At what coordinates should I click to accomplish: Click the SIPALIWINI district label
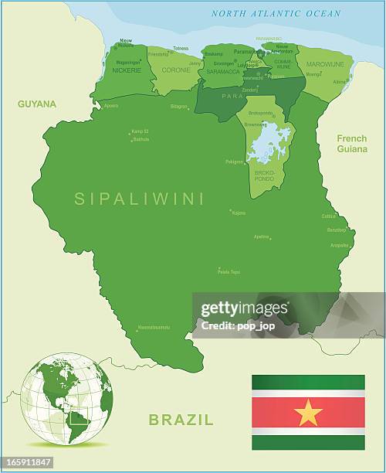(x=139, y=199)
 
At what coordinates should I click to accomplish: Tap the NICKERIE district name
(x=127, y=70)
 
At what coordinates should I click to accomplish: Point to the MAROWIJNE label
(x=325, y=64)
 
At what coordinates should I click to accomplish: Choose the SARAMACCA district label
(x=222, y=70)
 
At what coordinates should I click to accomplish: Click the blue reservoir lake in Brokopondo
(x=267, y=145)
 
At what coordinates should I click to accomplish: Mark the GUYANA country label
(x=36, y=103)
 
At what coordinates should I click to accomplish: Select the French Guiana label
(x=352, y=143)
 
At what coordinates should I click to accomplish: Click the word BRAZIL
(x=181, y=420)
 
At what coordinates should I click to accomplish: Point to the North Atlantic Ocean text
(x=276, y=13)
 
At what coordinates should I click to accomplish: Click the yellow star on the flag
(x=308, y=413)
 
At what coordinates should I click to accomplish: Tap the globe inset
(x=66, y=399)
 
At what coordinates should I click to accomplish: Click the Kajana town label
(x=239, y=212)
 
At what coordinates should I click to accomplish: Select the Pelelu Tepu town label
(x=229, y=271)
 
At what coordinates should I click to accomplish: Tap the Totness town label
(x=181, y=49)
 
